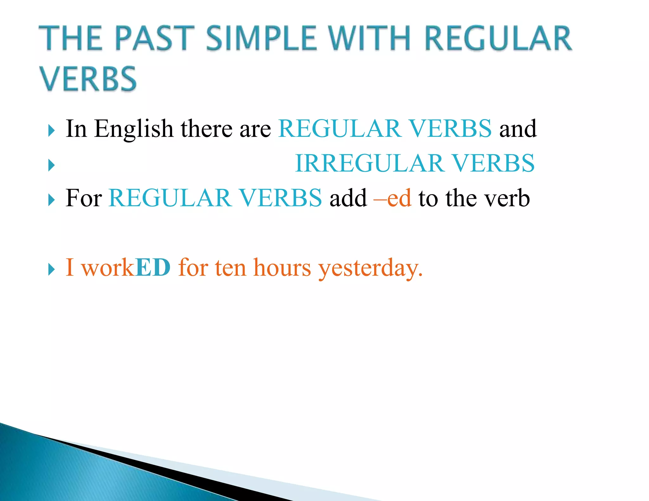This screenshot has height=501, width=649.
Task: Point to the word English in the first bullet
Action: pos(133,129)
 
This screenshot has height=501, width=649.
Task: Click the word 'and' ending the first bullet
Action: pos(518,129)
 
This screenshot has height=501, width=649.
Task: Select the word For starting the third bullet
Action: pos(84,198)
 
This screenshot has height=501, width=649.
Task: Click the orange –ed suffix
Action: pos(392,198)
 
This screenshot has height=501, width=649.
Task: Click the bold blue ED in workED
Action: pos(153,268)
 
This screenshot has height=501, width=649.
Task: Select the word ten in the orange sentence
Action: pos(230,268)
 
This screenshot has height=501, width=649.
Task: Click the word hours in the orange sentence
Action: pos(282,268)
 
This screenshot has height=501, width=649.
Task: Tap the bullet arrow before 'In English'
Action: pos(51,130)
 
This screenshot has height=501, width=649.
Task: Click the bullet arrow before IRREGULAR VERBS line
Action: pos(51,165)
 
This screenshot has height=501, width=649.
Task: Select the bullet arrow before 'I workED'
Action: pos(51,270)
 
